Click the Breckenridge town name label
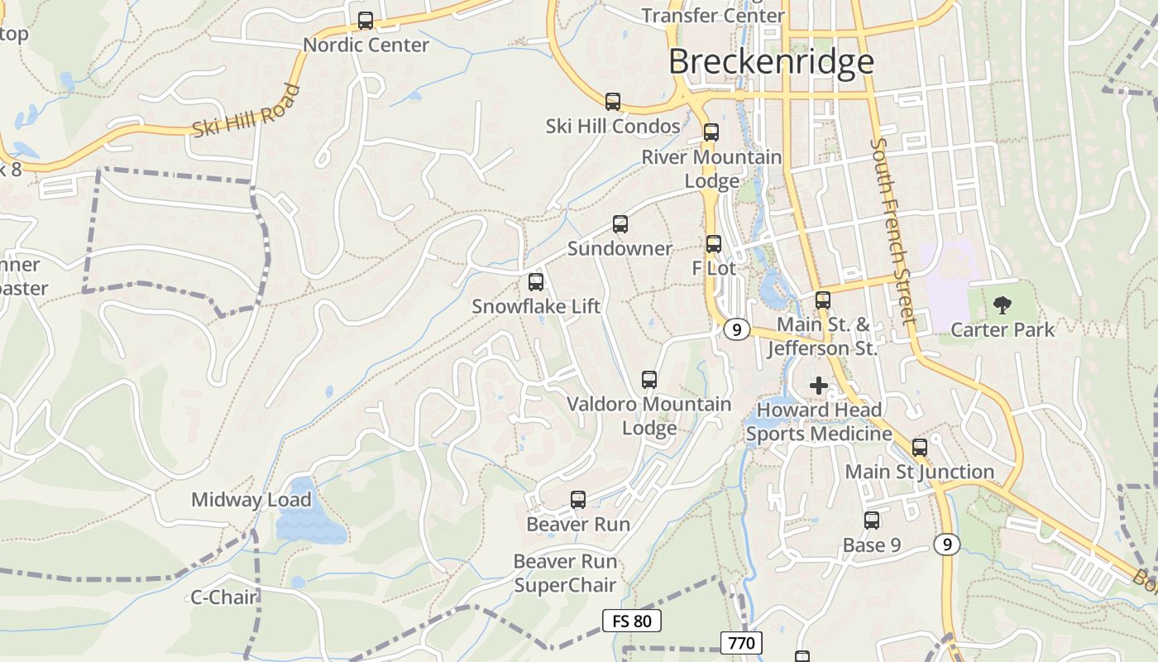click(771, 62)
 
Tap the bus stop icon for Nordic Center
click(365, 21)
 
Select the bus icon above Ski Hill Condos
click(613, 102)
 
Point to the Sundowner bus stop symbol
click(620, 224)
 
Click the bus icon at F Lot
click(714, 244)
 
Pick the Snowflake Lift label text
click(536, 306)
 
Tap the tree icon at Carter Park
click(1002, 305)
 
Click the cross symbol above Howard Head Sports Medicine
click(819, 386)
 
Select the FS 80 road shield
click(632, 621)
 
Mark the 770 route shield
click(741, 643)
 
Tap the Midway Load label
click(251, 500)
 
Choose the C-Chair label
click(224, 597)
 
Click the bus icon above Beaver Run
click(578, 500)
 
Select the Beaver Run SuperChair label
click(566, 573)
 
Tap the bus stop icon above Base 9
click(872, 520)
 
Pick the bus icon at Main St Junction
click(920, 448)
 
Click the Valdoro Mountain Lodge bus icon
click(649, 380)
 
